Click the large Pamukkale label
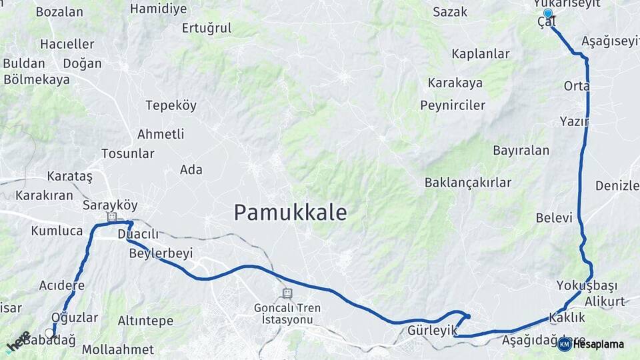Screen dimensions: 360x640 [x=290, y=213]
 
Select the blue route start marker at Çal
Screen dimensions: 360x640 [x=548, y=13]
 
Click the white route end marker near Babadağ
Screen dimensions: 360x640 [x=49, y=332]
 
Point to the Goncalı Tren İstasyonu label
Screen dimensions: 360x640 [x=287, y=314]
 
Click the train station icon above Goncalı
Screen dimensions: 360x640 [x=287, y=293]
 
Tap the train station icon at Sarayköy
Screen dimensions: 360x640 [x=111, y=217]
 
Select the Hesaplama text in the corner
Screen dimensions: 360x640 [x=598, y=344]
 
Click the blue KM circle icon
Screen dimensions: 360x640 [x=564, y=344]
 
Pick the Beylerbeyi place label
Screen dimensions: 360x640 [x=161, y=253]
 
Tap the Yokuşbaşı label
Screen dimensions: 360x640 [x=587, y=286]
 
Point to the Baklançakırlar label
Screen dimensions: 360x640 [x=468, y=182]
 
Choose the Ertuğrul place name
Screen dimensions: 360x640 [x=207, y=28]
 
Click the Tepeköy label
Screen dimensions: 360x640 [x=171, y=105]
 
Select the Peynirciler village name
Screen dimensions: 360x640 [x=453, y=105]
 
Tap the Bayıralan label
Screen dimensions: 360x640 [x=521, y=150]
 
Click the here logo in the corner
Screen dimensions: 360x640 [x=19, y=342]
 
